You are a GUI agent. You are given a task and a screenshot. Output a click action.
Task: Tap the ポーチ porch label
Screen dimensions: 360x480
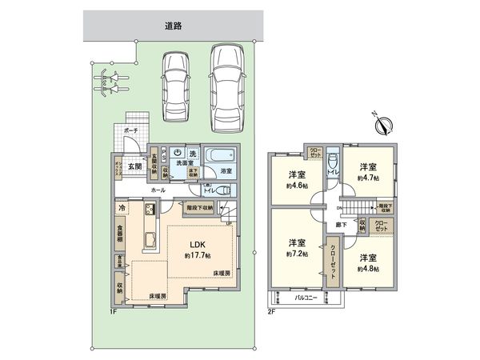pyautogui.click(x=132, y=130)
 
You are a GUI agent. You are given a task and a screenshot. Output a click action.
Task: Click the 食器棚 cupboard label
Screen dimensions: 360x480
pyautogui.click(x=119, y=233)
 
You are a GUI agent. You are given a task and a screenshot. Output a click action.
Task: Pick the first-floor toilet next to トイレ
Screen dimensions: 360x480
pyautogui.click(x=223, y=190)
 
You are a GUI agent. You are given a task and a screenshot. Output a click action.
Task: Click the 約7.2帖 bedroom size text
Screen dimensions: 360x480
pyautogui.click(x=296, y=254)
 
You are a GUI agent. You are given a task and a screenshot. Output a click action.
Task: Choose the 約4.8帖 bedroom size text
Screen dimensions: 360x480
pyautogui.click(x=367, y=270)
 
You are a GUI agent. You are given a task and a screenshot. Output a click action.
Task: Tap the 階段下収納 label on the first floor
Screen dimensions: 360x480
pyautogui.click(x=196, y=207)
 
